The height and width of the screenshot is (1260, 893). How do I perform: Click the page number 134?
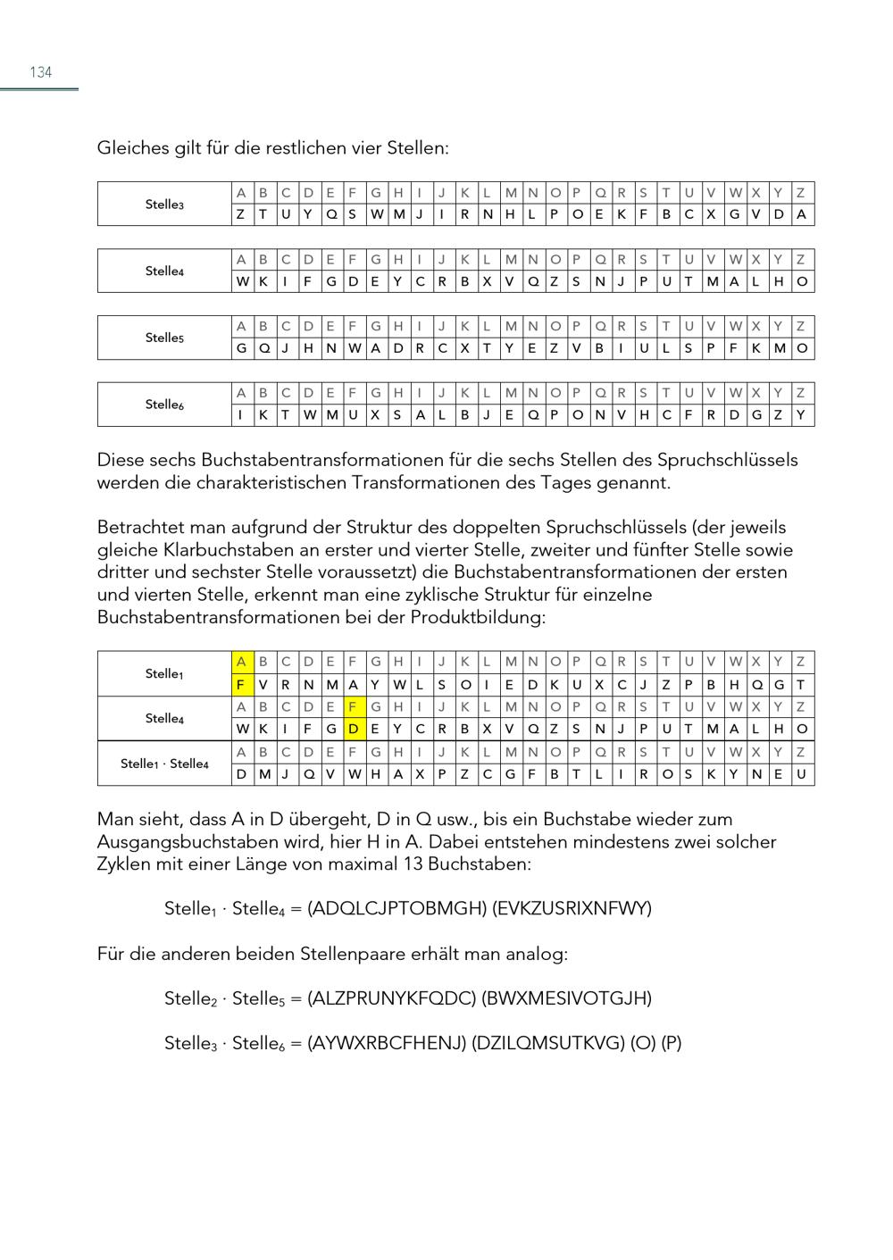41,72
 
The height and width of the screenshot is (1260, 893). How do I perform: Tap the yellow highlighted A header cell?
241,663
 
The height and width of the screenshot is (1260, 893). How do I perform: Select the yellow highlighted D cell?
354,730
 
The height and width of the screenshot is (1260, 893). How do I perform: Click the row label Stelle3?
164,204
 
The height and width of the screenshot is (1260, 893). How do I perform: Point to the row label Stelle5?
164,338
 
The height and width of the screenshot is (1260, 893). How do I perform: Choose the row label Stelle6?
164,405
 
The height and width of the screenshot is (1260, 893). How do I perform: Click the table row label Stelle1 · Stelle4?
164,764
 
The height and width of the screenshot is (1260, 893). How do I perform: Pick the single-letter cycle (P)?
672,1043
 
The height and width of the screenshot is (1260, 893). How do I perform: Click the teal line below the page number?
39,89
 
